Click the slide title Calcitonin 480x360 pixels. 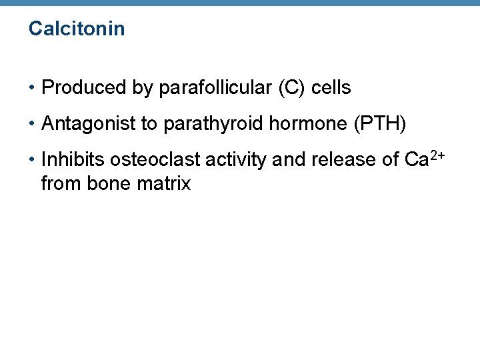pos(77,29)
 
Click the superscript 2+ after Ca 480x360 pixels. pos(437,155)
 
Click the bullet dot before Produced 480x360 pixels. pos(32,88)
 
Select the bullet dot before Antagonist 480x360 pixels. pos(32,124)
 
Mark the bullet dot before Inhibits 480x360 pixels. pos(32,161)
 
